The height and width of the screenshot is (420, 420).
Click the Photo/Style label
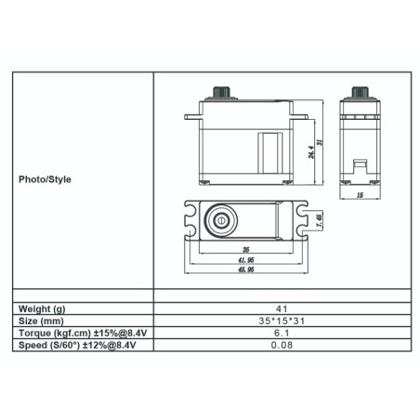(x=44, y=179)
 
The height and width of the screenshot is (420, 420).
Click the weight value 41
(x=281, y=307)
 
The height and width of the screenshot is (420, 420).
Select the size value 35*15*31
(x=281, y=320)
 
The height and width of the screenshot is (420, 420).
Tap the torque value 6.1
(x=281, y=333)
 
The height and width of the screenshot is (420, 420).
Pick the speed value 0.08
(x=281, y=346)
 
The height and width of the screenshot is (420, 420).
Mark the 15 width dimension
(x=359, y=195)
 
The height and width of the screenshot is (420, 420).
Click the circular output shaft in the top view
(x=222, y=220)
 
